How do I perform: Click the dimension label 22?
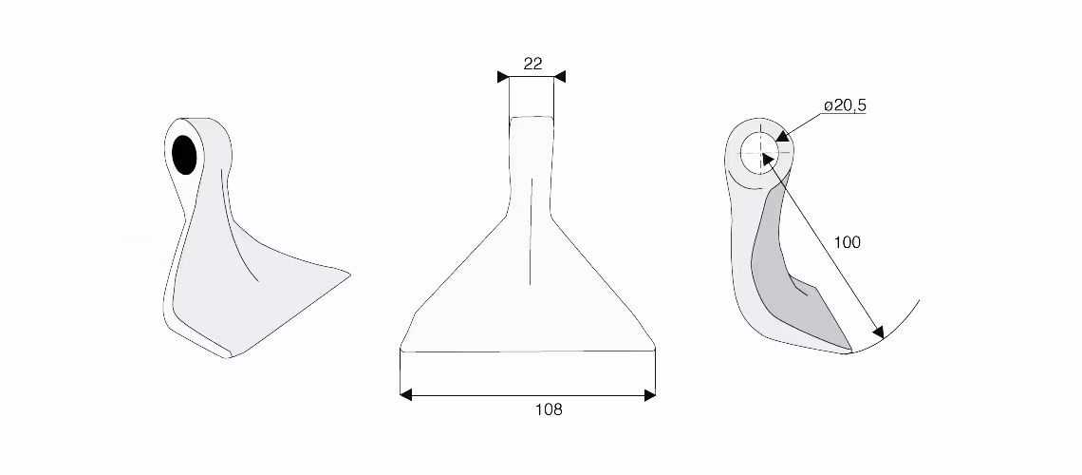(x=532, y=64)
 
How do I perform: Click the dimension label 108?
(x=549, y=409)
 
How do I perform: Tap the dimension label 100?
(x=848, y=242)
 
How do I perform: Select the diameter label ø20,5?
(x=846, y=105)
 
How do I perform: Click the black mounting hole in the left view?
(x=184, y=155)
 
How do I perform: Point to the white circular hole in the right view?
(x=759, y=149)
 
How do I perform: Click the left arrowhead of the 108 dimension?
(x=406, y=395)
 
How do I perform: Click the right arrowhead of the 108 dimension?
(x=650, y=395)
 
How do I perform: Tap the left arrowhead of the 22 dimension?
(x=503, y=77)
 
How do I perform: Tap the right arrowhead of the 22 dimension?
(x=560, y=77)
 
